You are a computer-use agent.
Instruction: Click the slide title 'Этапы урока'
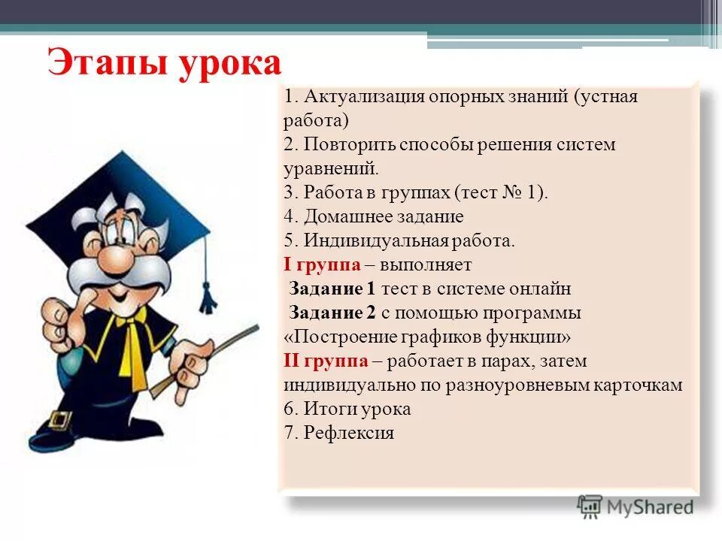164,63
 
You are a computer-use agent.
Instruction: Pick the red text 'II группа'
326,361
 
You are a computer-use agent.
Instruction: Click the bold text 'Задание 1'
332,289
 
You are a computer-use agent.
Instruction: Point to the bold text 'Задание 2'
332,313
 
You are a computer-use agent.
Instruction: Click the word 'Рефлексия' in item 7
349,434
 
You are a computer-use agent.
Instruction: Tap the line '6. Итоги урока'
347,410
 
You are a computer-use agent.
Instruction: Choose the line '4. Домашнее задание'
374,217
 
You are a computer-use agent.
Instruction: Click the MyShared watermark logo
636,506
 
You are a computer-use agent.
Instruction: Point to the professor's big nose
117,259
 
